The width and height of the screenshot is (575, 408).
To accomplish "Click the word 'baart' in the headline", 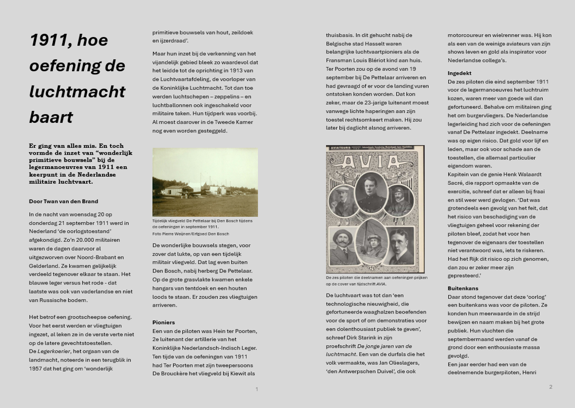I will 51,117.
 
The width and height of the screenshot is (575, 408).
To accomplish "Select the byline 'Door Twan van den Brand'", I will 63,201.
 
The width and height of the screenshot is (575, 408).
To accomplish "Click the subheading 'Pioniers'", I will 163,322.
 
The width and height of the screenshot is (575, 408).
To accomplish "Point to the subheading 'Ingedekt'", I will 459,73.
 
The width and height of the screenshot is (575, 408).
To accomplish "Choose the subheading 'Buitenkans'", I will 462,288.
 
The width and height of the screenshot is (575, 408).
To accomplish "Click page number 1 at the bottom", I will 257,389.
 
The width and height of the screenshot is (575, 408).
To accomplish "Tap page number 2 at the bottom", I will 550,387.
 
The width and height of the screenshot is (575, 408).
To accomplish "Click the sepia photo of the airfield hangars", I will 205,182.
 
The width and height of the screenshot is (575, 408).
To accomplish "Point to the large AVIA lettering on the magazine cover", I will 375,161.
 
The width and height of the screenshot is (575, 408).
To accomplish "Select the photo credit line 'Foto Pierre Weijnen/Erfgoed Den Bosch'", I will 190,234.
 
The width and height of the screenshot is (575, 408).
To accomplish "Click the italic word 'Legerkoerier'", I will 54,351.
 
